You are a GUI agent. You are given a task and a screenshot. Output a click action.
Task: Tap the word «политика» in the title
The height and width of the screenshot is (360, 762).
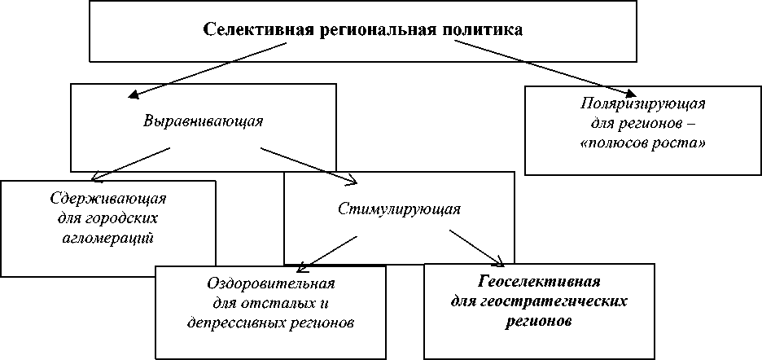click(x=484, y=30)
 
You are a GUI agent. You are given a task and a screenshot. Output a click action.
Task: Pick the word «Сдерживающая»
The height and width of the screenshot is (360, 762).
click(x=109, y=199)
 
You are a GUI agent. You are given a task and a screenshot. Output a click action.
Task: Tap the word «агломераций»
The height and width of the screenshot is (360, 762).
click(x=109, y=238)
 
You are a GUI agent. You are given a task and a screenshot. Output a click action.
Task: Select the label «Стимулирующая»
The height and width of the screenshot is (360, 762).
click(x=400, y=209)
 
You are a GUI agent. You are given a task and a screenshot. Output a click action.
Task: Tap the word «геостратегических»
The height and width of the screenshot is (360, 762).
click(x=539, y=301)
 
